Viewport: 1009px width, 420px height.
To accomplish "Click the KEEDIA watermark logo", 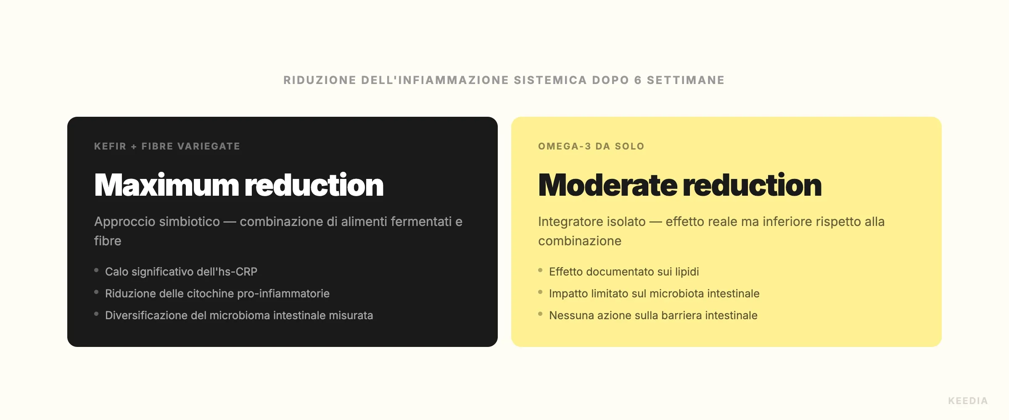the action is [x=968, y=401].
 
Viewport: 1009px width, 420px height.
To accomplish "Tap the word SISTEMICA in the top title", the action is [x=550, y=80].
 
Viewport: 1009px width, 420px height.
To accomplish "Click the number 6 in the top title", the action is [x=638, y=80].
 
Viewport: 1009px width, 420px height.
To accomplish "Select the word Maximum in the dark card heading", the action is [x=166, y=185].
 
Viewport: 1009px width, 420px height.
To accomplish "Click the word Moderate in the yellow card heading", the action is [x=608, y=185].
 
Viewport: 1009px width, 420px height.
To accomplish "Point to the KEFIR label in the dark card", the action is [x=110, y=146].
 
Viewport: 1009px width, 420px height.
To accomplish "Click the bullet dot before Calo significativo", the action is [x=96, y=270].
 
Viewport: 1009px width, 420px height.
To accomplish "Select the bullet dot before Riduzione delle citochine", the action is [x=96, y=292].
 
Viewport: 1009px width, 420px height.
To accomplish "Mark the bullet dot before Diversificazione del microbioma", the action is [x=96, y=314].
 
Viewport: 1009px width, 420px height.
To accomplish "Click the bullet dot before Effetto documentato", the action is [x=540, y=270].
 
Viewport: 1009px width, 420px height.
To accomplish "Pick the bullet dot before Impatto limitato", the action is [x=540, y=292].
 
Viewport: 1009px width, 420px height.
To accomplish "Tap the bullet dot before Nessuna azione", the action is [x=540, y=314].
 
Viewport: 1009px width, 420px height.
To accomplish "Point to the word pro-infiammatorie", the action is [x=283, y=294].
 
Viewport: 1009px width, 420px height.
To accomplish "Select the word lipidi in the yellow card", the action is [x=687, y=272].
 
